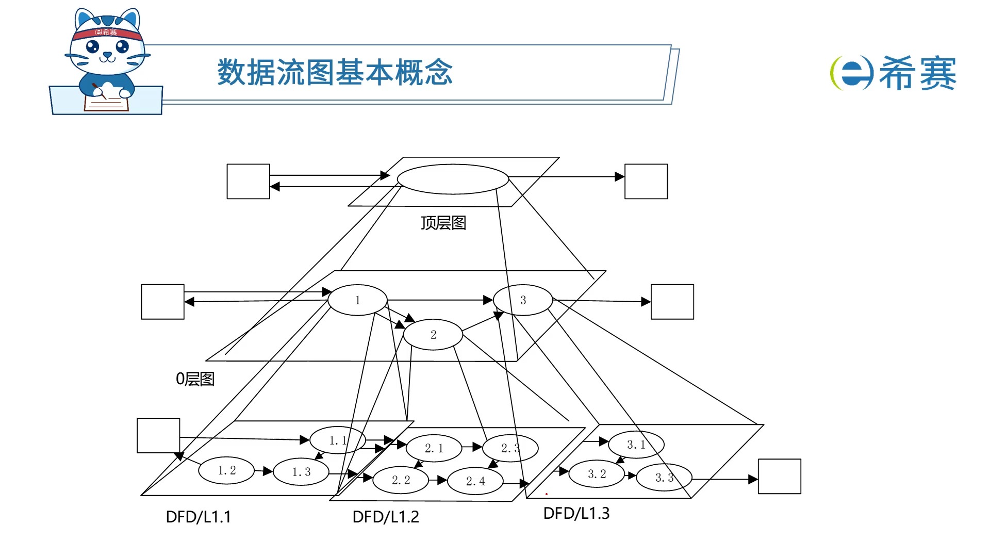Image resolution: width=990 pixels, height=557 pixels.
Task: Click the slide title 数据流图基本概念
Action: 335,72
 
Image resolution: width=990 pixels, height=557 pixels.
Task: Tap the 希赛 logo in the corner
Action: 893,73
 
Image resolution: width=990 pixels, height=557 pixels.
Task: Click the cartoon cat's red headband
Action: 107,32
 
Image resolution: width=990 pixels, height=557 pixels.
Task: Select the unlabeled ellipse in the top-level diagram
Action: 453,179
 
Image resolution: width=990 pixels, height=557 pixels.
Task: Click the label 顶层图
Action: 443,223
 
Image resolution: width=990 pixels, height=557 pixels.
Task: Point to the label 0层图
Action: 195,379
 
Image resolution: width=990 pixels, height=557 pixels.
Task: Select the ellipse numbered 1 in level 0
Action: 357,300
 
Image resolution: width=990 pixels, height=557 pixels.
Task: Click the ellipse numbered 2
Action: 433,335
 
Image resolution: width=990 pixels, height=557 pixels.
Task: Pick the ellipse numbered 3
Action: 523,300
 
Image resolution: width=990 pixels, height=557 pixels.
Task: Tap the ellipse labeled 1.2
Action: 226,470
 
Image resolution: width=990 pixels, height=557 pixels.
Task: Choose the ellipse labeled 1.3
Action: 301,472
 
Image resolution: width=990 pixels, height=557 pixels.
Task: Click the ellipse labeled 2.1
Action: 434,448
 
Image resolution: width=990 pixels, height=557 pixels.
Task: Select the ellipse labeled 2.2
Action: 401,480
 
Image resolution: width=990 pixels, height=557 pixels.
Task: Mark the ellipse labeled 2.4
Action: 475,481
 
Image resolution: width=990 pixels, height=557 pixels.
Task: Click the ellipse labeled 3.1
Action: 636,445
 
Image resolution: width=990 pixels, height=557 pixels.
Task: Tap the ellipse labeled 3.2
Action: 597,474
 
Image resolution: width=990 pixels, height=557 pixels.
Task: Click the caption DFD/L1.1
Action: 199,517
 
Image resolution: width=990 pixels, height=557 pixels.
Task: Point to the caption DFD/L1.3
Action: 576,513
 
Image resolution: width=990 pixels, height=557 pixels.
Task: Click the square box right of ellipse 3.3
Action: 779,477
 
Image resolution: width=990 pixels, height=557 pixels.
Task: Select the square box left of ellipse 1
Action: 163,302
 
